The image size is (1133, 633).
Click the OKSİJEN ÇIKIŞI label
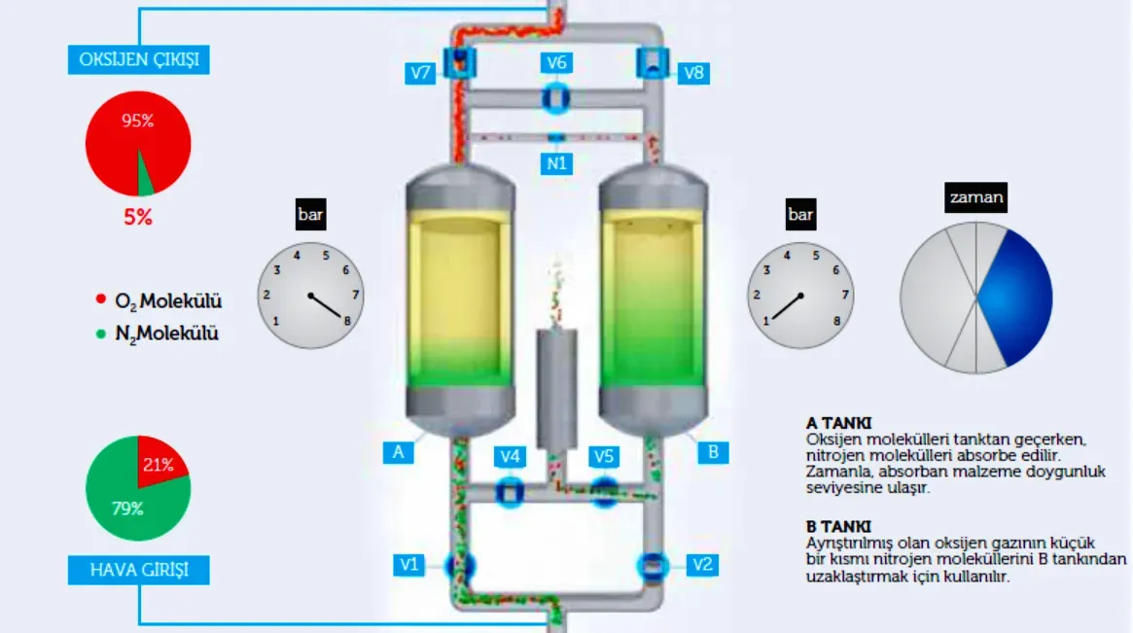point(139,59)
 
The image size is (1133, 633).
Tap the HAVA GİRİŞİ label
point(139,570)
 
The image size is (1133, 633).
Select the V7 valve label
point(420,72)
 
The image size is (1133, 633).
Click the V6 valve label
point(556,62)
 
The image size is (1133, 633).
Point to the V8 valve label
point(693,72)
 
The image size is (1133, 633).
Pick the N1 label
point(556,163)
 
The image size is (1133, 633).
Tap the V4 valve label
point(510,456)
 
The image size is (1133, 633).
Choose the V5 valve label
point(603,456)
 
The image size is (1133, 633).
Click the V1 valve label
point(409,564)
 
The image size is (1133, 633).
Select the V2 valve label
point(701,564)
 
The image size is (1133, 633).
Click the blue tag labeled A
point(398,452)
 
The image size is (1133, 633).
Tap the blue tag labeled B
point(713,452)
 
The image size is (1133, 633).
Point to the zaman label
point(975,197)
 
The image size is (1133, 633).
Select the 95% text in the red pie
point(137,121)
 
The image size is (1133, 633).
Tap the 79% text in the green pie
point(127,509)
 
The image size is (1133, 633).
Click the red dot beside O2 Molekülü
point(101,299)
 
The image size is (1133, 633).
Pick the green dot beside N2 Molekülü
point(101,334)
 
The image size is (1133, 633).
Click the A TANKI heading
point(839,423)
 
